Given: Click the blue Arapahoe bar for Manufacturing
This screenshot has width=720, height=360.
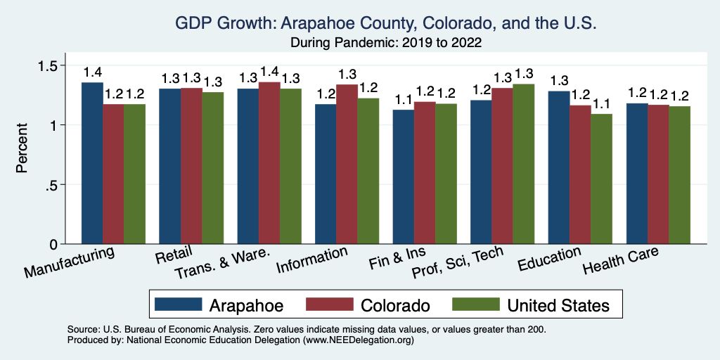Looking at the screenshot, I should pos(92,163).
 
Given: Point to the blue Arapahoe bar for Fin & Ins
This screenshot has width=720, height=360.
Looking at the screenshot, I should pos(403,176).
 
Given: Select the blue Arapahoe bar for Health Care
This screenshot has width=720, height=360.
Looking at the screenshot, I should pos(637,174).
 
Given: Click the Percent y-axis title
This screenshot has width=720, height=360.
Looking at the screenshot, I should pos(22,149).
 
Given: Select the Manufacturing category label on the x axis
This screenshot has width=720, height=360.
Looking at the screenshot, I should pos(69,261).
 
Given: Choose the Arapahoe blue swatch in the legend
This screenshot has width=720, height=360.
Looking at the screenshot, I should pos(176,304).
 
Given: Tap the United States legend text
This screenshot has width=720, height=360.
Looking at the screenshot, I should pos(558,305).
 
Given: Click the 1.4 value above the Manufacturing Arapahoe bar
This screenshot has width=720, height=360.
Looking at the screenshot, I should pos(92,72).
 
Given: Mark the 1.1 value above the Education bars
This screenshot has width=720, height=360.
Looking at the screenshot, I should pos(601,103).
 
